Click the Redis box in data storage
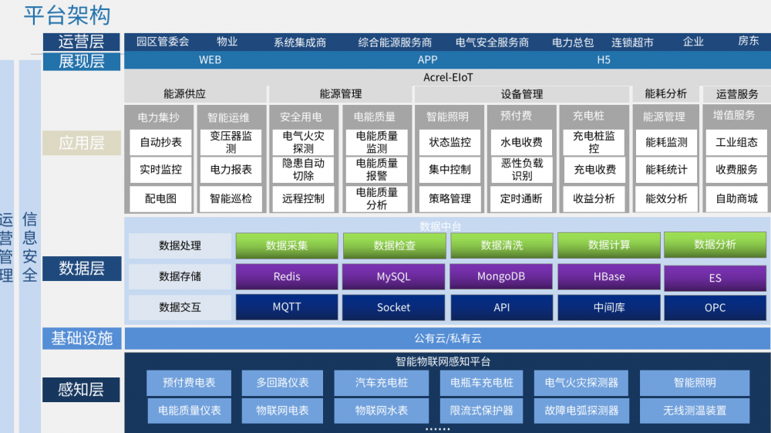tap(287, 276)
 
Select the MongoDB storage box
tap(502, 276)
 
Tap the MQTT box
tap(287, 307)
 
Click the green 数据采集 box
tap(287, 245)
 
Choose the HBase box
tap(609, 276)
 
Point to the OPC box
tap(715, 307)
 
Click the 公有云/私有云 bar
tap(447, 339)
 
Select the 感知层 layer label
tap(81, 390)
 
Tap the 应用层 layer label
tap(82, 144)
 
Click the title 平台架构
tap(67, 15)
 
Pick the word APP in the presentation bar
tap(427, 60)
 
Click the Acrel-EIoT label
tap(448, 77)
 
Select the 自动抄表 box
tap(161, 142)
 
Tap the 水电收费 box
tap(521, 142)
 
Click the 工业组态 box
tap(736, 142)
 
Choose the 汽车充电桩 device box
tap(382, 383)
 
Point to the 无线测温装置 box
tap(695, 411)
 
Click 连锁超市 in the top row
tap(632, 42)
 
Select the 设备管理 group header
tap(522, 94)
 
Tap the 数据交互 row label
tap(180, 307)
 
